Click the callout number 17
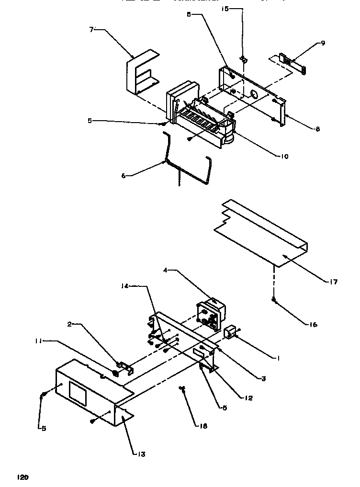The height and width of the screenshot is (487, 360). pos(333,282)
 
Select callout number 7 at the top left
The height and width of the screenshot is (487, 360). pos(92,30)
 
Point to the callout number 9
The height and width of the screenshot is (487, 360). pos(323,43)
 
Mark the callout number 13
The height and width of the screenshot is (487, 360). pos(142,454)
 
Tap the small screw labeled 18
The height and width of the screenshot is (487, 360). pos(182,388)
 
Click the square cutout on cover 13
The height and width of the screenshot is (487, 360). pos(78,392)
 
